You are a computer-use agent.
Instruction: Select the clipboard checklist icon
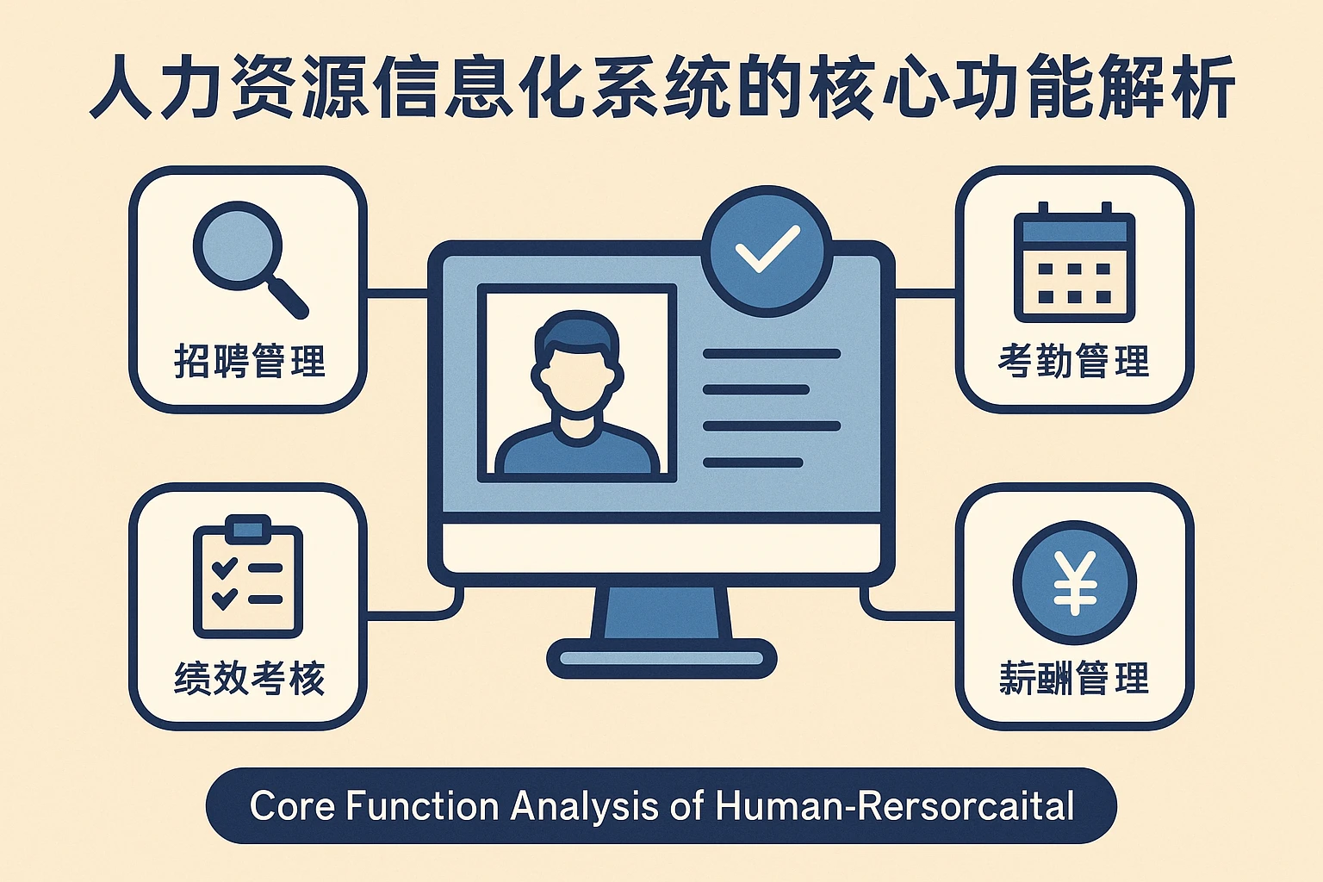tap(248, 576)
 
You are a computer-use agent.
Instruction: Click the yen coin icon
tap(1074, 582)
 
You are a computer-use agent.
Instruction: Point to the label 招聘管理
tap(250, 361)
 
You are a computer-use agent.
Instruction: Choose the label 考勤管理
tap(1074, 361)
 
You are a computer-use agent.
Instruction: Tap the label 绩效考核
tap(250, 679)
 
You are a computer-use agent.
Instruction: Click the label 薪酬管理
tap(1074, 679)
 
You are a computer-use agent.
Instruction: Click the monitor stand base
tap(661, 659)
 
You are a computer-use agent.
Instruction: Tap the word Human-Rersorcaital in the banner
tap(895, 807)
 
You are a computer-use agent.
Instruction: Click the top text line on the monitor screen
tap(771, 354)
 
